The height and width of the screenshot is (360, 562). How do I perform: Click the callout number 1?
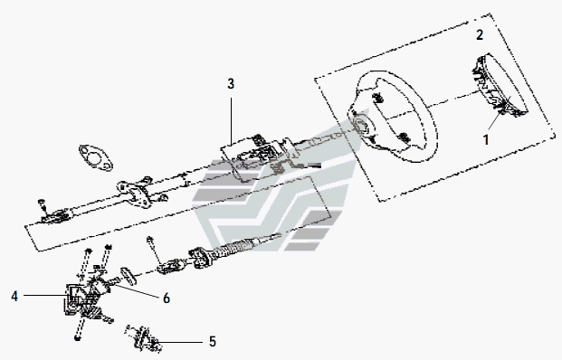(x=486, y=139)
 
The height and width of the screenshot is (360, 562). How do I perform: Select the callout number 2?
(x=480, y=34)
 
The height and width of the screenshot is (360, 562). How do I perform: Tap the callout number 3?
(x=231, y=84)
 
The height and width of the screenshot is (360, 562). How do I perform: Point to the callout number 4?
(x=14, y=297)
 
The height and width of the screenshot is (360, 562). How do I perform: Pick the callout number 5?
(x=213, y=341)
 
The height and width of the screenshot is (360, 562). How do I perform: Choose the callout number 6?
(x=167, y=298)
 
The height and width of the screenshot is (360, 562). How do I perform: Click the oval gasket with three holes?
(x=96, y=157)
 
